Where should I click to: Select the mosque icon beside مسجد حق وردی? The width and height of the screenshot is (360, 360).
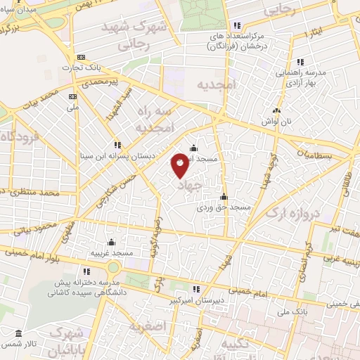click(x=224, y=197)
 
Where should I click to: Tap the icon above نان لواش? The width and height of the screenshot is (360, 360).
click(x=276, y=110)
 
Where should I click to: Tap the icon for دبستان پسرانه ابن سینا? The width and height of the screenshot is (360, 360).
click(x=117, y=145)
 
